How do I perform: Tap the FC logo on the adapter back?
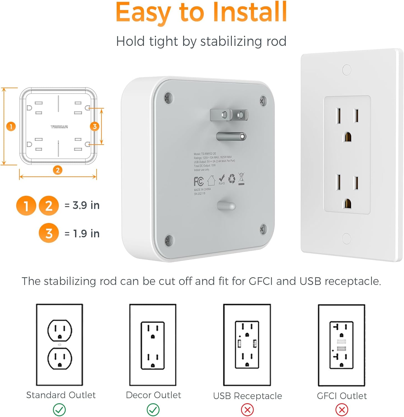[x=199, y=181]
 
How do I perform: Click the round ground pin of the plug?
[x=231, y=136]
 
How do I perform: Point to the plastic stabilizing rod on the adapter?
[x=226, y=206]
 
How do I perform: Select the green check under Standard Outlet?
[x=59, y=409]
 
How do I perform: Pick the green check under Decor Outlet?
[x=153, y=409]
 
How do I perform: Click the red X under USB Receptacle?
[x=247, y=410]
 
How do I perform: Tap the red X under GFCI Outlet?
[x=342, y=410]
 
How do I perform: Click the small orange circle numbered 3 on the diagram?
[x=95, y=126]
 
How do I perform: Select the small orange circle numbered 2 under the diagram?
[x=57, y=170]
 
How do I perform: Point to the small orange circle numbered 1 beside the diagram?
[x=11, y=127]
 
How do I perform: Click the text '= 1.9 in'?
[x=82, y=234]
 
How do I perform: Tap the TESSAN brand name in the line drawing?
[x=59, y=127]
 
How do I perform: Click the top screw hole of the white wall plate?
[x=347, y=69]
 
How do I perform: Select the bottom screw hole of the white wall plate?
[x=346, y=239]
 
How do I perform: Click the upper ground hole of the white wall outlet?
[x=347, y=137]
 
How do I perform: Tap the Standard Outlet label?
[x=61, y=395]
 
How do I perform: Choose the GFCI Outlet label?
[x=342, y=396]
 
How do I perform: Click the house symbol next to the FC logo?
[x=211, y=180]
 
